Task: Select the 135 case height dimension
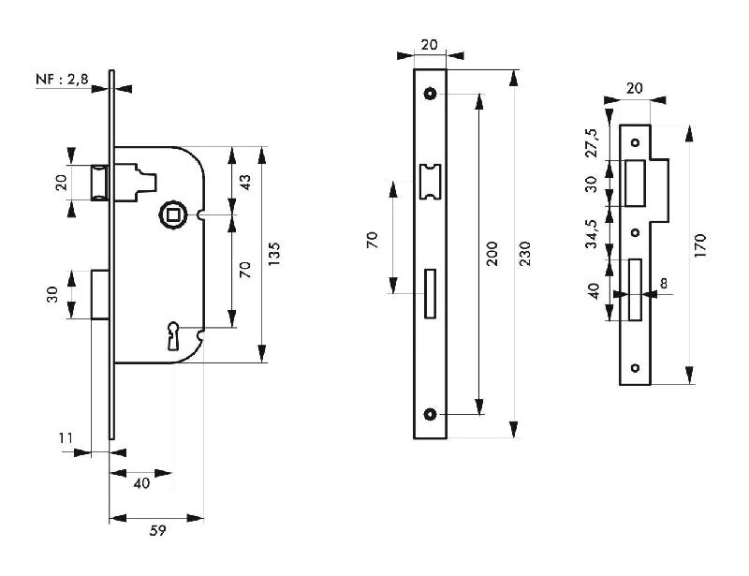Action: tap(274, 253)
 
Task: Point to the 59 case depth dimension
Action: tap(157, 531)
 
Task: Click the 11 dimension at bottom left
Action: tap(65, 438)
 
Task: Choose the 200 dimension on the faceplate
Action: tap(492, 254)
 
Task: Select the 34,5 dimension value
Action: tap(591, 229)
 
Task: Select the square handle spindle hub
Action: tap(173, 214)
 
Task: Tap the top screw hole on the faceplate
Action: tap(430, 94)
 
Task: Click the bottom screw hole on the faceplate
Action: tap(430, 415)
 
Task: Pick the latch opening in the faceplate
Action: tap(430, 181)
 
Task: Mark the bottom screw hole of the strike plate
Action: tap(635, 367)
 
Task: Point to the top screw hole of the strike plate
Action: tap(635, 142)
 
